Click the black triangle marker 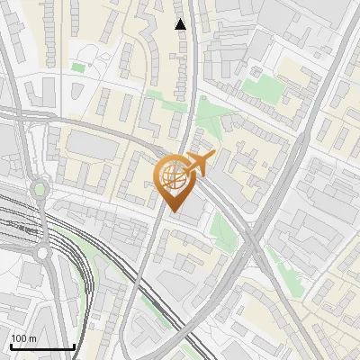[180, 23]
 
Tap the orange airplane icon [199, 163]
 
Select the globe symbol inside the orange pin [173, 177]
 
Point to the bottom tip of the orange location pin [173, 212]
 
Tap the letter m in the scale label [34, 338]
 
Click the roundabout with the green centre [40, 189]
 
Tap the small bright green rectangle [78, 67]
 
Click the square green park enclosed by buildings [266, 87]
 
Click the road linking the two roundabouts [41, 221]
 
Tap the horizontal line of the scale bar [41, 346]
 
